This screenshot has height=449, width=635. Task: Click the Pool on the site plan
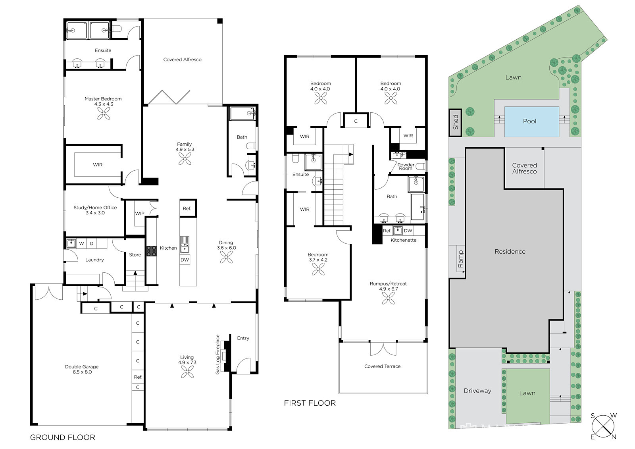(531, 121)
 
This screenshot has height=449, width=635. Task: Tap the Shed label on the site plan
(456, 122)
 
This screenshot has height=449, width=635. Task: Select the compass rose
(604, 426)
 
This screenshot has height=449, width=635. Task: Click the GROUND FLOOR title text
(63, 437)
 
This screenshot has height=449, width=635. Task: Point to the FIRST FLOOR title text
(310, 403)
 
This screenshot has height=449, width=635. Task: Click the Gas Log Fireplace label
(218, 354)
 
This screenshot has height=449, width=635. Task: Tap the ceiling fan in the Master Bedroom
(104, 114)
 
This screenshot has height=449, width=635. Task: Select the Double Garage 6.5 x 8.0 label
(82, 369)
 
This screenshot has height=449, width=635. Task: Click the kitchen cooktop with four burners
(151, 251)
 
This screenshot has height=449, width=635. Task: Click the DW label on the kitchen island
(185, 260)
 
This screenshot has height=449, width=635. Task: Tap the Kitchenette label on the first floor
(403, 240)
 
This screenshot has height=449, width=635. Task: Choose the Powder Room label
(406, 166)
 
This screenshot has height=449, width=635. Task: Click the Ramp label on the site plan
(460, 259)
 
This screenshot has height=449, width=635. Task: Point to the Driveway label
(477, 391)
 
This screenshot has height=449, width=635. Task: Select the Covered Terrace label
(383, 366)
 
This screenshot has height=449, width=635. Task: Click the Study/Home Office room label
(95, 210)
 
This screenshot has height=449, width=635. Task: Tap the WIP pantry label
(139, 214)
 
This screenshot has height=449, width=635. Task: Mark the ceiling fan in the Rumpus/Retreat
(389, 299)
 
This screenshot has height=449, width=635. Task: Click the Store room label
(135, 255)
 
